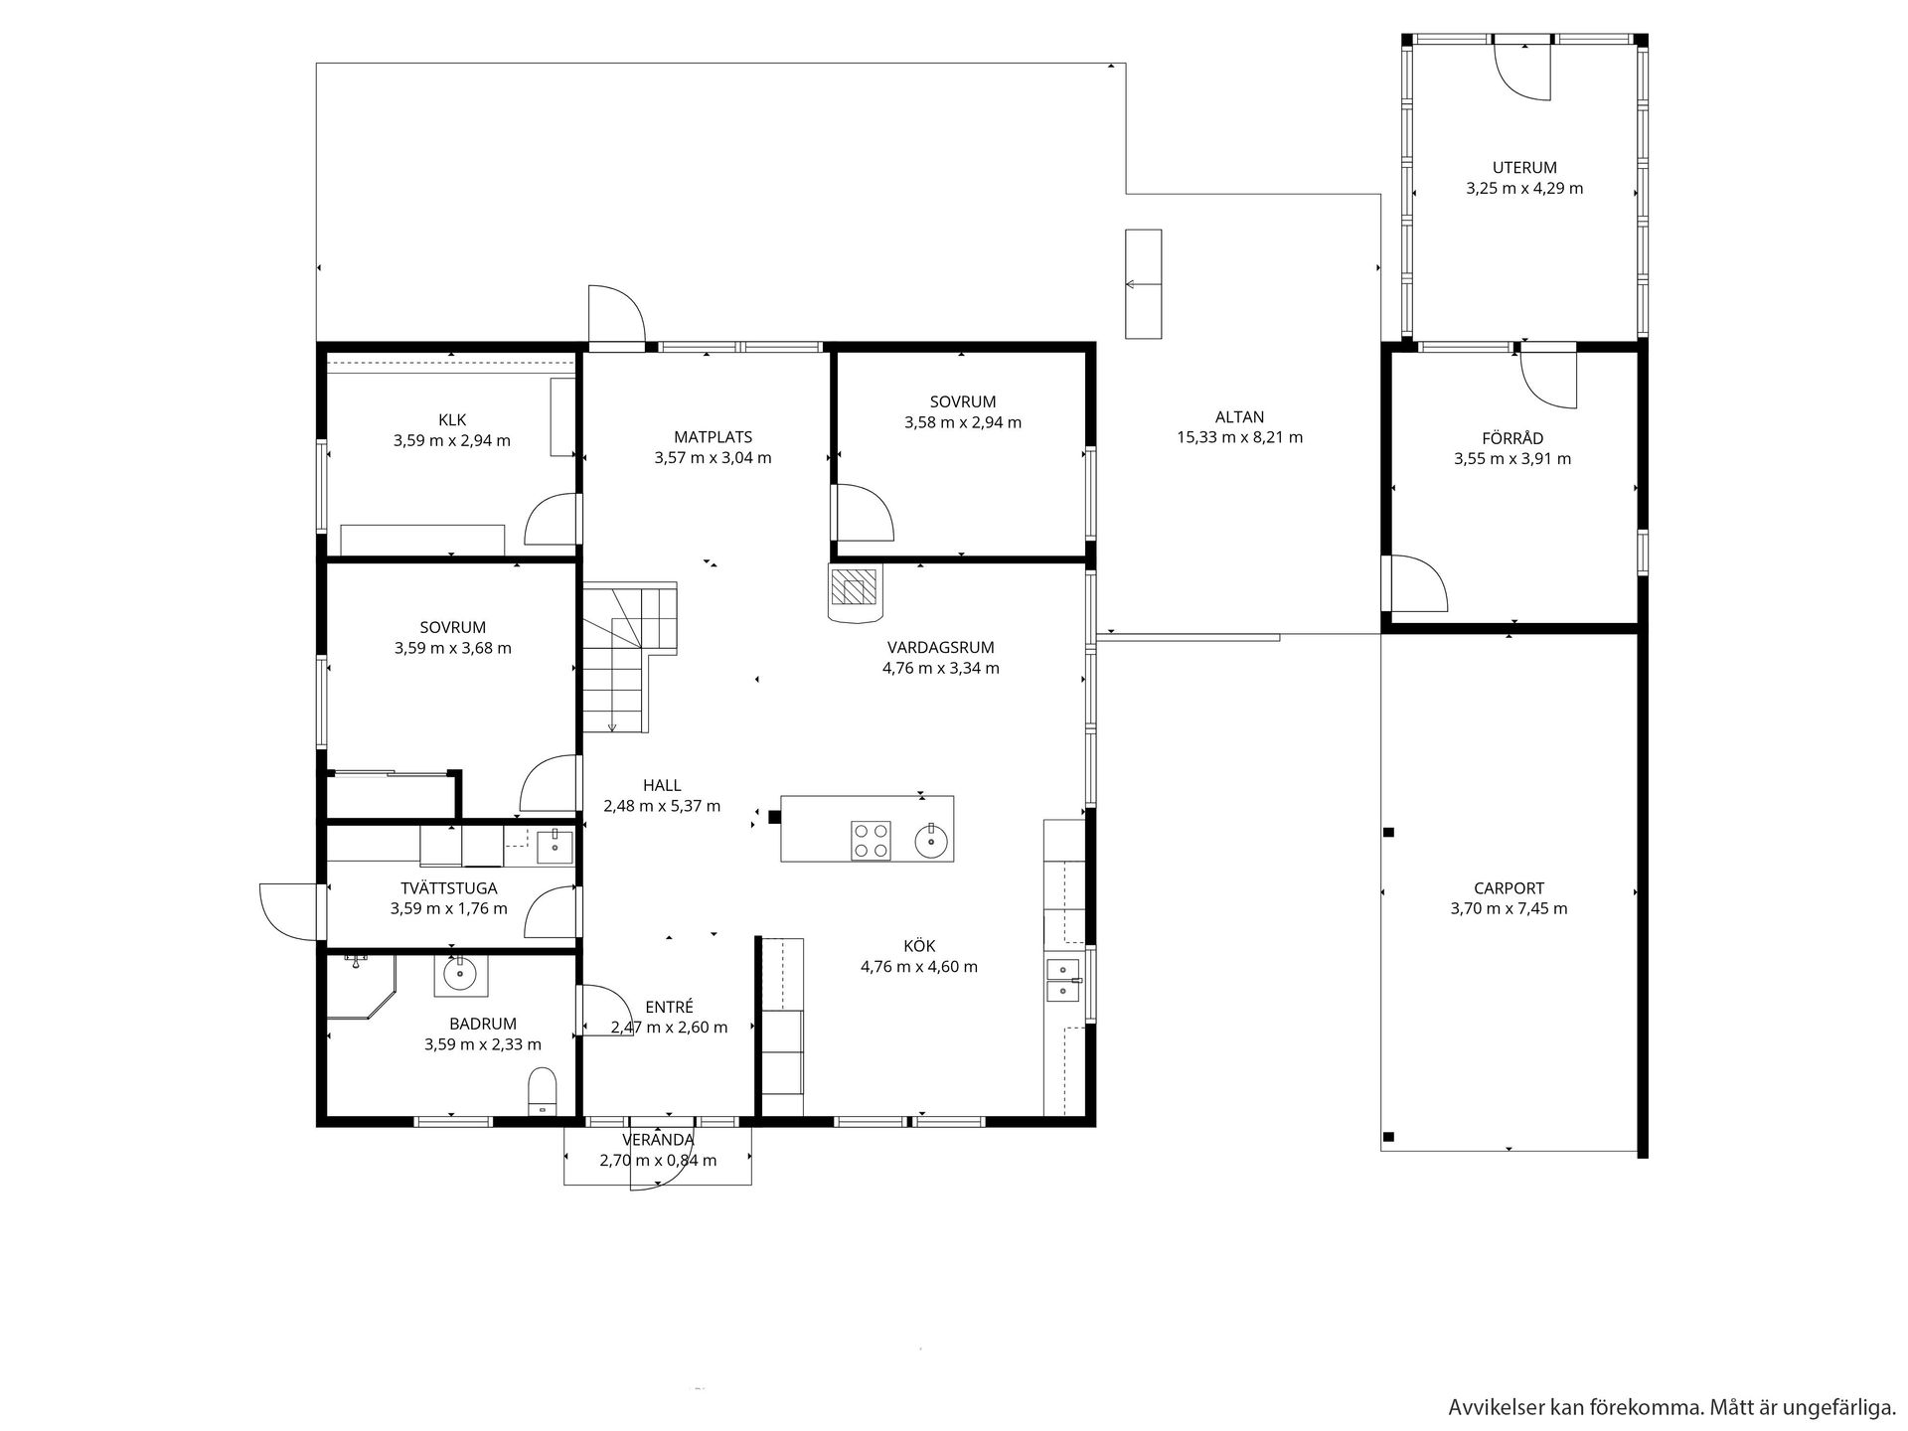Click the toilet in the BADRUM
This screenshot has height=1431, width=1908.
543,1092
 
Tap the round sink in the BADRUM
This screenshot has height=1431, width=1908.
460,975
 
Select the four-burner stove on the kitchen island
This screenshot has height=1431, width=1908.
871,840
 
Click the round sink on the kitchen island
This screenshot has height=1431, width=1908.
931,842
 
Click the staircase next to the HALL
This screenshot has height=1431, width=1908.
629,657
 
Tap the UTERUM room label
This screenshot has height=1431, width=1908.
1524,168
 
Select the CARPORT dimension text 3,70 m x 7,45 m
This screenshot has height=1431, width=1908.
1509,908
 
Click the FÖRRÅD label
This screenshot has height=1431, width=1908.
1512,438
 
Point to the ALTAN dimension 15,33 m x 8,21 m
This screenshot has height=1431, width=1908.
1239,437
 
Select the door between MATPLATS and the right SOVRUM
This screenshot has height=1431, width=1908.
864,512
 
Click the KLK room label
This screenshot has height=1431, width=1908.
452,420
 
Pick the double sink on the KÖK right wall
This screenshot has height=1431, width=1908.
1063,978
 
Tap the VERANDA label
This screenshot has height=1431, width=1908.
658,1140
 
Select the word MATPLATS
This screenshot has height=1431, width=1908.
713,437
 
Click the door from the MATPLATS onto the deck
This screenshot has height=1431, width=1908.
617,316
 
